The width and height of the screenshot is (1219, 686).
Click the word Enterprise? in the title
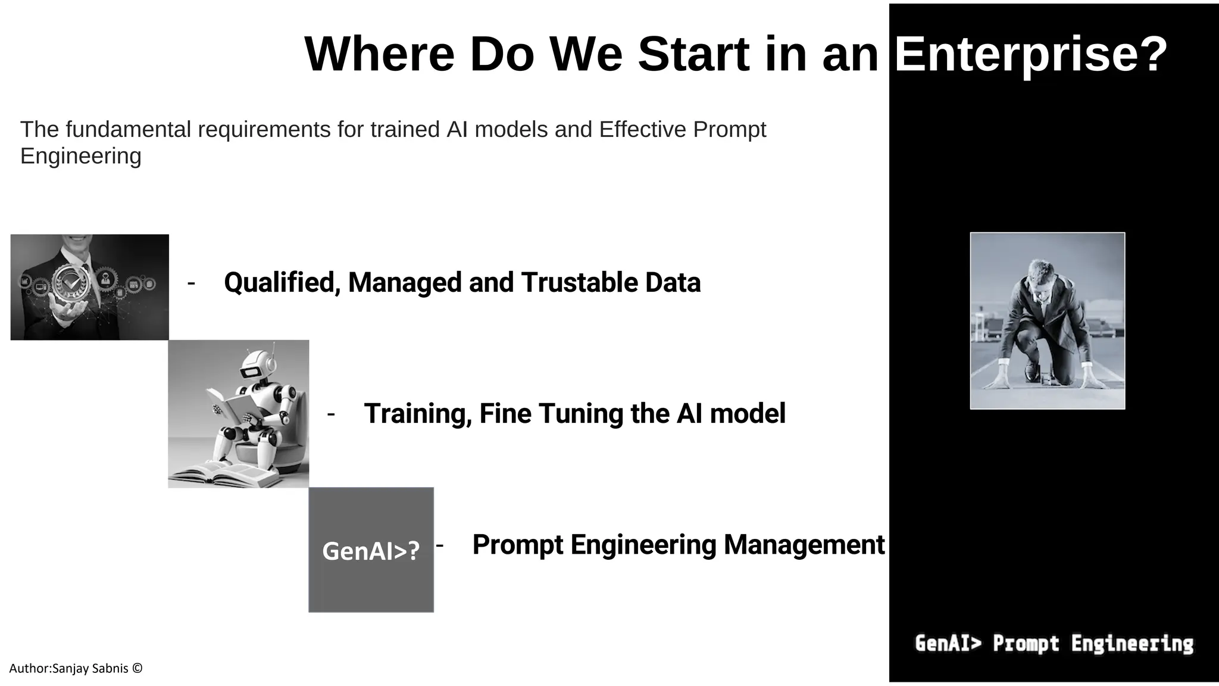pyautogui.click(x=1030, y=55)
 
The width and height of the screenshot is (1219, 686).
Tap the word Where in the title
pyautogui.click(x=379, y=55)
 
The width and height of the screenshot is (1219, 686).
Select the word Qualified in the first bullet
pyautogui.click(x=282, y=283)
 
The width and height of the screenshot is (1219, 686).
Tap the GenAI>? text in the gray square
pyautogui.click(x=371, y=551)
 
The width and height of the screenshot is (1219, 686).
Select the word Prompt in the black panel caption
pyautogui.click(x=1026, y=644)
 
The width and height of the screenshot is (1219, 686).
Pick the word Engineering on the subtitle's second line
pyautogui.click(x=81, y=156)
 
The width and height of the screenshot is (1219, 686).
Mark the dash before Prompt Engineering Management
pyautogui.click(x=440, y=545)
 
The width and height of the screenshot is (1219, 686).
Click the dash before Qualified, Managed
pyautogui.click(x=191, y=283)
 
